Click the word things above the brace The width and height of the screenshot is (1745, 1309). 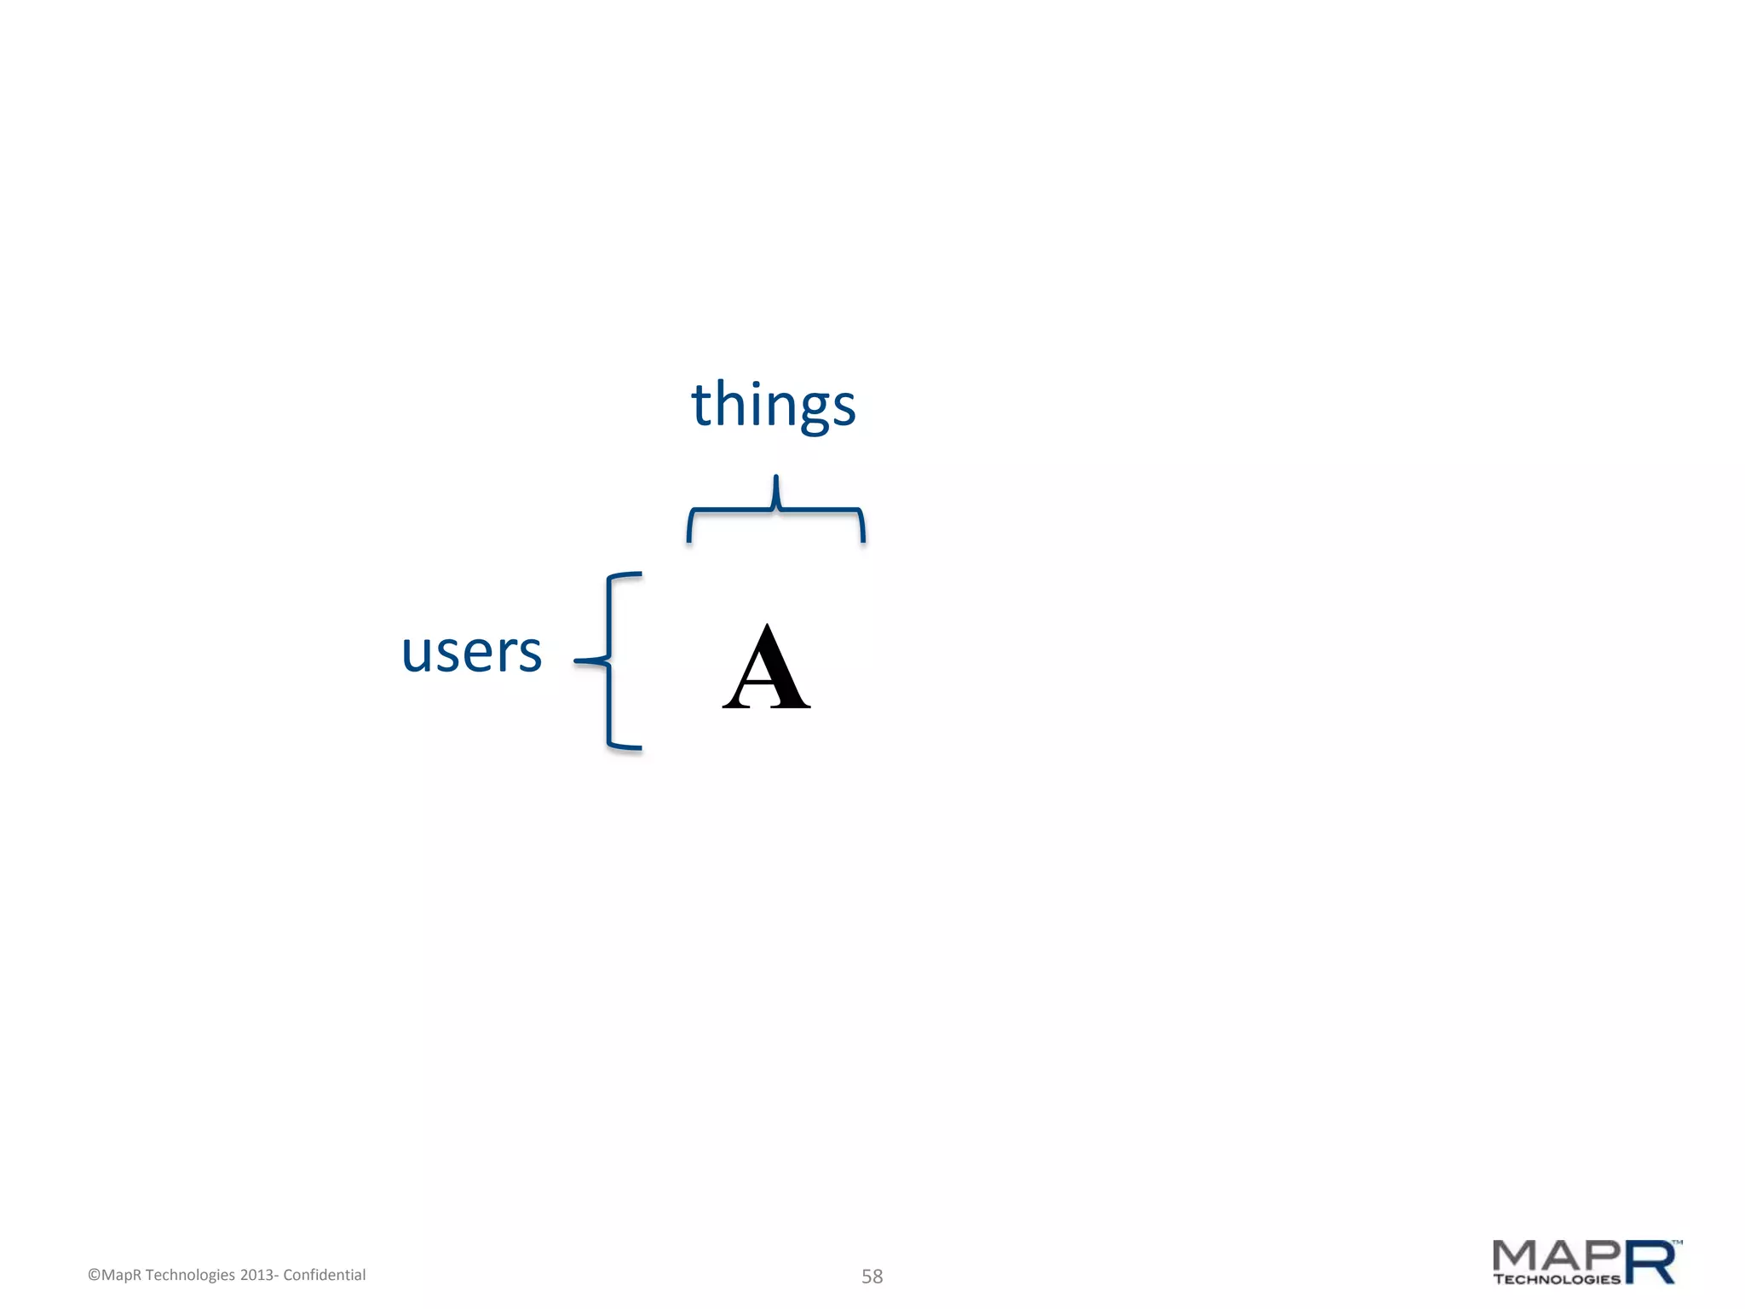773,405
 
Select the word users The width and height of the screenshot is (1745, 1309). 471,653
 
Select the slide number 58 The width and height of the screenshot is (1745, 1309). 872,1276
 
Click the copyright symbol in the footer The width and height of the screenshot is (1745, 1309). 94,1275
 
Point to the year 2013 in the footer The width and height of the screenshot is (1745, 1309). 256,1275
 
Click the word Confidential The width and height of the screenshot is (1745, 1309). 324,1275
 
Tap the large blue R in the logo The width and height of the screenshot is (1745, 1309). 1650,1262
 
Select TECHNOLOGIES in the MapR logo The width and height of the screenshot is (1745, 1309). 1557,1279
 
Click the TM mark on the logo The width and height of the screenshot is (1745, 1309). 1677,1243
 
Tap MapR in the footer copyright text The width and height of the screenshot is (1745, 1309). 121,1275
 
